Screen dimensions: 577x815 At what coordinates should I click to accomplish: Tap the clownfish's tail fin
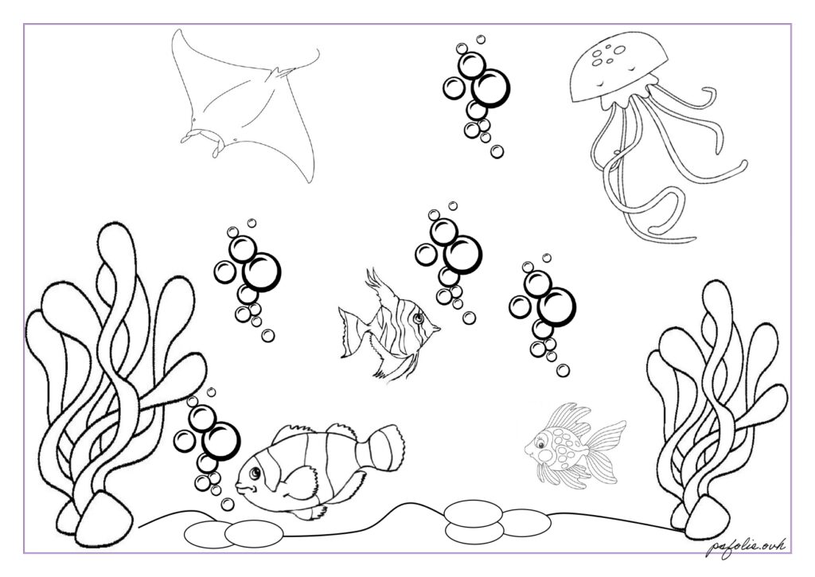point(387,446)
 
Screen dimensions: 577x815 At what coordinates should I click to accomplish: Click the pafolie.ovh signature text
point(747,547)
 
